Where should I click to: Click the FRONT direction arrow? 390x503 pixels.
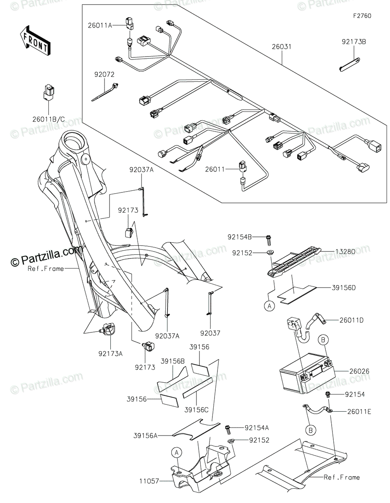(35, 40)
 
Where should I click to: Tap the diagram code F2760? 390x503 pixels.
(362, 16)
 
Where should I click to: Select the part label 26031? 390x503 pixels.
(282, 47)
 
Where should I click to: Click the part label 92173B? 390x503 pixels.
(354, 42)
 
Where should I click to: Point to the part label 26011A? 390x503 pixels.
(100, 26)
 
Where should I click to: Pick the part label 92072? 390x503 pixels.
(104, 75)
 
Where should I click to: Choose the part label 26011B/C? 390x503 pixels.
(49, 119)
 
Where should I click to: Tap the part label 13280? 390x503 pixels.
(345, 251)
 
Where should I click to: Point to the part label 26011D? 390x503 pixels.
(351, 320)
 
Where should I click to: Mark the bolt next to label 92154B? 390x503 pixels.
(268, 240)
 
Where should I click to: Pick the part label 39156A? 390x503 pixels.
(146, 436)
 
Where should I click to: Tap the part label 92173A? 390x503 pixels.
(110, 353)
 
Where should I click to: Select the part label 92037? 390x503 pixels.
(210, 333)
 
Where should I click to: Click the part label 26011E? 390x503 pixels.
(359, 411)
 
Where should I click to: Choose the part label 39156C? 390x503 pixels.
(196, 410)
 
